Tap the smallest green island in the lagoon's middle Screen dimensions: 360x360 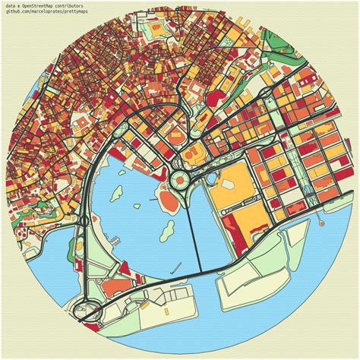[137, 206]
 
